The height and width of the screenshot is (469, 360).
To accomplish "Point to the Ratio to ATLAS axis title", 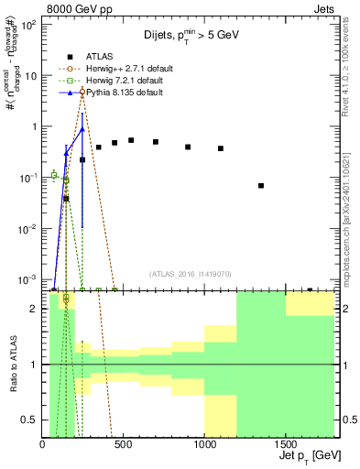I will click(x=13, y=365).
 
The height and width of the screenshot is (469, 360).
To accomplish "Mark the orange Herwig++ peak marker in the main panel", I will click(x=82, y=92).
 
